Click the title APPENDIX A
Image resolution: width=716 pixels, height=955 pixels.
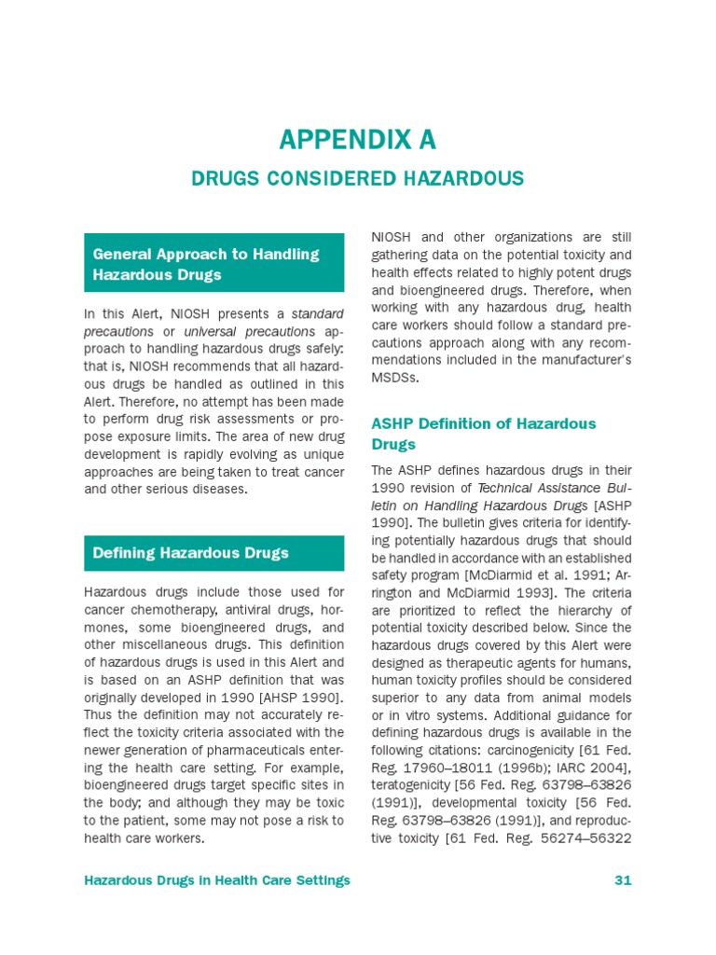(358, 140)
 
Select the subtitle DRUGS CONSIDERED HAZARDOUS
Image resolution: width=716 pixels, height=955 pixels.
(358, 178)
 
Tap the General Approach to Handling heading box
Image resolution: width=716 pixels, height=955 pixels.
(213, 264)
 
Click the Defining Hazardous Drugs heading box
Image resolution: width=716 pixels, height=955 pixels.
(213, 553)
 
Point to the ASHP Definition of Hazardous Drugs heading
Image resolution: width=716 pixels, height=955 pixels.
(483, 434)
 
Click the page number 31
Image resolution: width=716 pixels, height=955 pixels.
(623, 880)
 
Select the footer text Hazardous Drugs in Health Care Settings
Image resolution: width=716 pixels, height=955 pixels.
(217, 880)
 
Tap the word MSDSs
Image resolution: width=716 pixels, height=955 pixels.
(395, 378)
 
